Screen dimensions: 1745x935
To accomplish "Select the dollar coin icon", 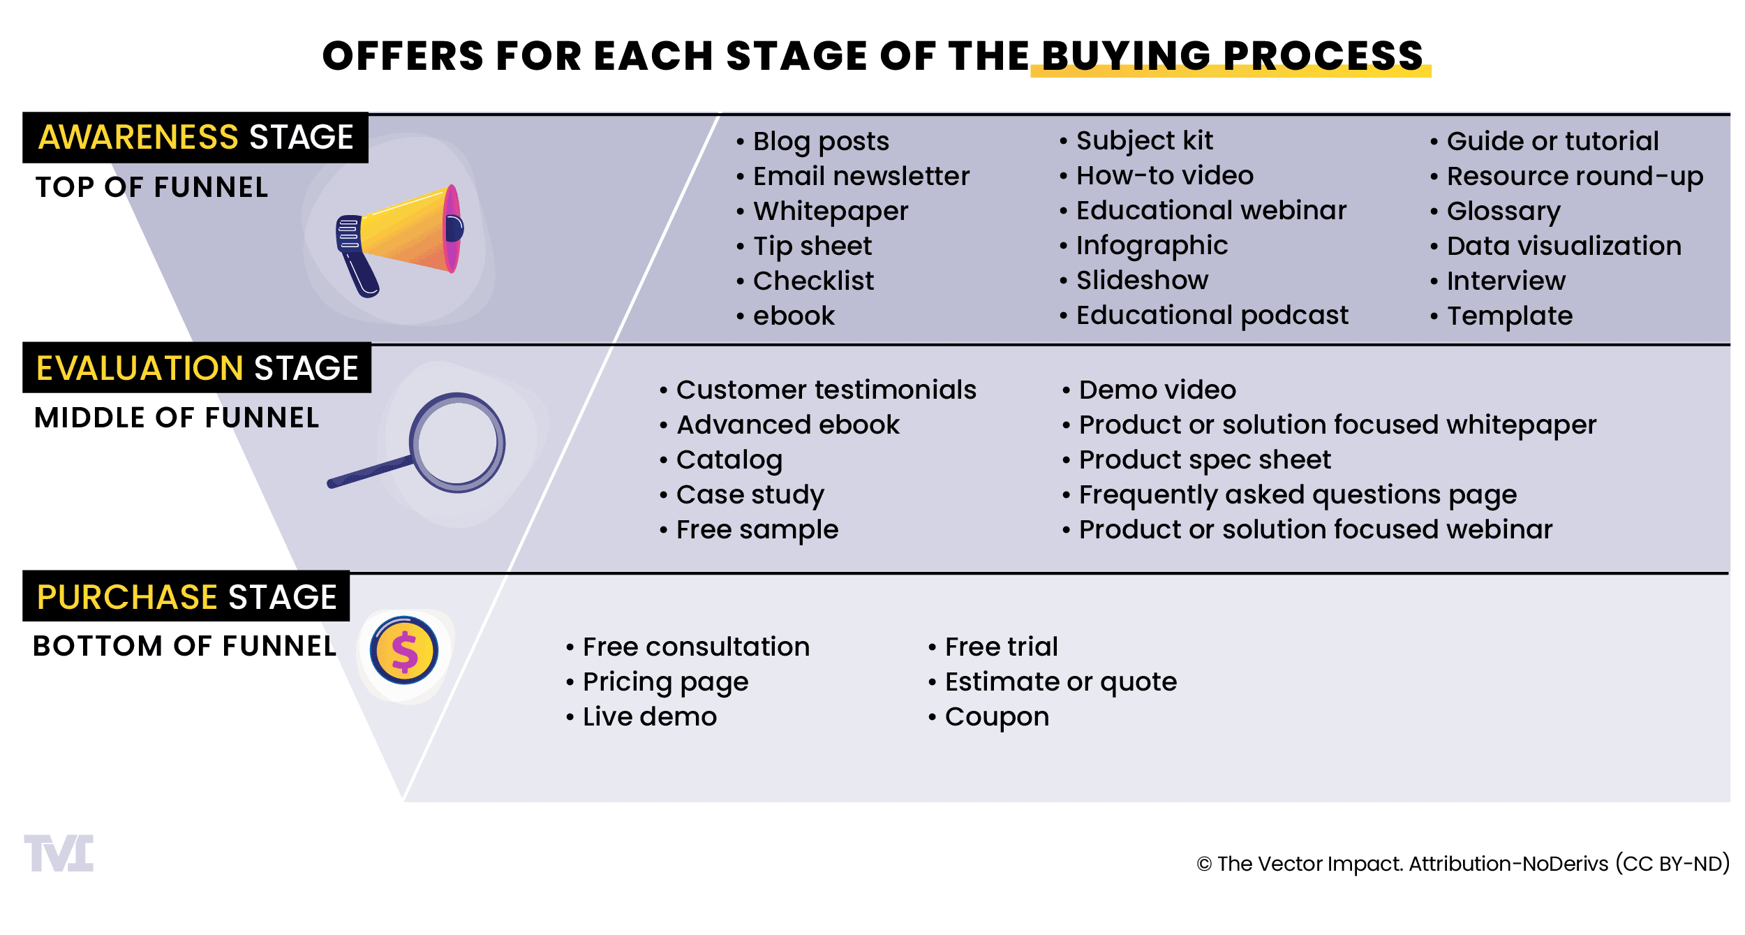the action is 404,650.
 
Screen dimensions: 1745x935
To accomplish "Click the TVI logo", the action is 59,853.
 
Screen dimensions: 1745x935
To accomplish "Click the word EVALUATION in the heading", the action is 140,368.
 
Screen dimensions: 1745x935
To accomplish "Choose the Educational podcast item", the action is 1204,316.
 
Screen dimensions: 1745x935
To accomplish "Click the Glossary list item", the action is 1495,212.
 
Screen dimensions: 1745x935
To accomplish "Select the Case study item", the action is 742,495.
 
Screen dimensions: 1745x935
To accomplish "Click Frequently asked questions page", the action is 1289,495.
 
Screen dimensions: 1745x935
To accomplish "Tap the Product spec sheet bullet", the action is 1196,460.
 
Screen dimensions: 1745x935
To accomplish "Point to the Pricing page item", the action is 657,682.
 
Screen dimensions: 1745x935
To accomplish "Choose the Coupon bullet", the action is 988,717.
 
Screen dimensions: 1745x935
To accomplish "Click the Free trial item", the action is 993,647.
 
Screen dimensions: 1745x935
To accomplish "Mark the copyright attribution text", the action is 1463,864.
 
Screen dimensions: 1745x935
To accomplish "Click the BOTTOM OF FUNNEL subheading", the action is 185,646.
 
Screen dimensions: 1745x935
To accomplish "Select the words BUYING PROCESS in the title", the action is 1232,56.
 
